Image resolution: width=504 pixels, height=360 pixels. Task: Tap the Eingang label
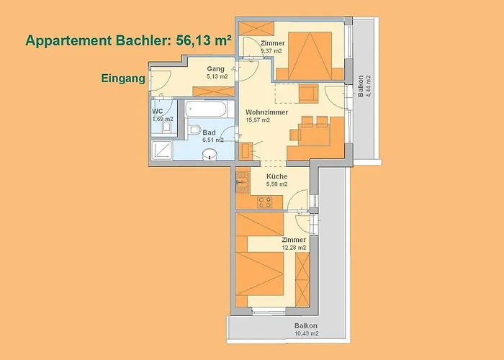(x=123, y=78)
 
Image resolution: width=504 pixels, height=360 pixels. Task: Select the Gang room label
(x=216, y=69)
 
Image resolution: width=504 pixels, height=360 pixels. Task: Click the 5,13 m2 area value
(x=217, y=76)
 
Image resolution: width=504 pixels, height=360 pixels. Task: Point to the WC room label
(x=158, y=112)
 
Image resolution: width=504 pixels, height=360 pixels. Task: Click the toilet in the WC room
(x=166, y=126)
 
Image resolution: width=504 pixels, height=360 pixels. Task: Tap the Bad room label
(x=210, y=132)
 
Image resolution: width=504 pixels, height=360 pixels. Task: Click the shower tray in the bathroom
(x=162, y=150)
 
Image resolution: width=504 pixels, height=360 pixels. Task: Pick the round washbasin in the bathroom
(x=210, y=154)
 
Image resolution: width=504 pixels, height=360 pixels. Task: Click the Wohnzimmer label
(x=267, y=112)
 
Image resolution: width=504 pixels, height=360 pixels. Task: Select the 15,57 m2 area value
(x=258, y=120)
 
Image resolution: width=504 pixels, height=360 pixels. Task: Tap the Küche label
(x=276, y=176)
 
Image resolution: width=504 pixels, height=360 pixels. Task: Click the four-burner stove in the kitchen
(x=265, y=202)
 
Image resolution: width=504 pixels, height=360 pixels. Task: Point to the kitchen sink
(x=243, y=183)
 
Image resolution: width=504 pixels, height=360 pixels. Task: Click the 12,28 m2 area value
(x=294, y=248)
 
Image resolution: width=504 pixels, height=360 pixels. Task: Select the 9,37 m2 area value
(x=271, y=51)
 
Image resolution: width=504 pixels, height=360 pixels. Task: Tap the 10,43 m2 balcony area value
(x=307, y=333)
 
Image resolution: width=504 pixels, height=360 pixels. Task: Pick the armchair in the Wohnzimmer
(x=309, y=93)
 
